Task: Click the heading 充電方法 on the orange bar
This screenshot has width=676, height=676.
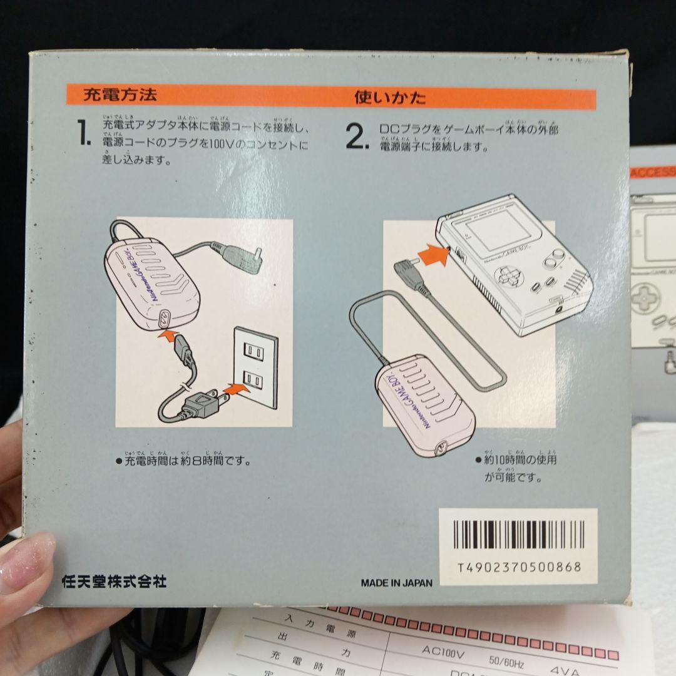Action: click(x=120, y=96)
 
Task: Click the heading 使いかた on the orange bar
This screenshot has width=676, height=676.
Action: click(x=390, y=98)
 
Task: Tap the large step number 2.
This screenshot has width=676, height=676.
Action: click(x=357, y=138)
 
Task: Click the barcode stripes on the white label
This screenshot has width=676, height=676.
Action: click(x=518, y=535)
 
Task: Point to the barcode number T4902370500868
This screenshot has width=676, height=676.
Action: click(x=519, y=568)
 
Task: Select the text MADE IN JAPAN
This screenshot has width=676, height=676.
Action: click(x=396, y=583)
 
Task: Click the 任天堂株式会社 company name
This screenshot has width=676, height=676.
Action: click(x=114, y=581)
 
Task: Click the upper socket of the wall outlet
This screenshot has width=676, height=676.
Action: click(x=253, y=352)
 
